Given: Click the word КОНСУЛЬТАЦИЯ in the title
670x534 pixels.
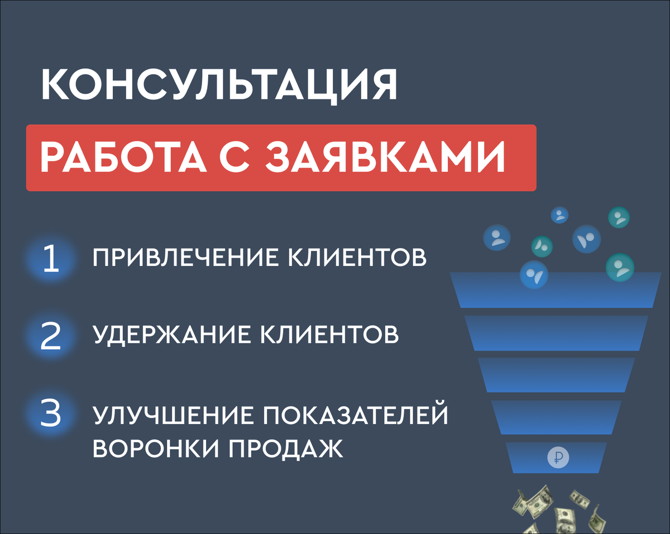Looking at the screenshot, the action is (219, 85).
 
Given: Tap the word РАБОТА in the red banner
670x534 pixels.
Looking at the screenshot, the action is (123, 157).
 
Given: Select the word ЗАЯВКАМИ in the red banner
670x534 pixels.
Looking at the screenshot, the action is (385, 157).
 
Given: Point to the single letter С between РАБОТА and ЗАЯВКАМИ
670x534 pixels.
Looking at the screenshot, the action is (234, 157).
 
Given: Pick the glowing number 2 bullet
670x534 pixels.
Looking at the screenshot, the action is (51, 336).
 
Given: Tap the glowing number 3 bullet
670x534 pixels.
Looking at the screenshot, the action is (51, 414).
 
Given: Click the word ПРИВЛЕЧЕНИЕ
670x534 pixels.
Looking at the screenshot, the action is (185, 258).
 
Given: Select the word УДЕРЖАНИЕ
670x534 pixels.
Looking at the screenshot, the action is (171, 335).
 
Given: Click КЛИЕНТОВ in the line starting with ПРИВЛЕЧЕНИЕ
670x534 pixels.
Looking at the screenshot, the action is (357, 258).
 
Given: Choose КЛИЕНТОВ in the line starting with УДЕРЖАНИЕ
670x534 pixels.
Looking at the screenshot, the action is (329, 335).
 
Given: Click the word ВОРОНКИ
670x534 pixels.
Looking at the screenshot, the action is (156, 448).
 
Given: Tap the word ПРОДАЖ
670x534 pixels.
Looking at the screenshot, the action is (286, 449).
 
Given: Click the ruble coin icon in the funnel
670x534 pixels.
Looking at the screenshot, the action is (558, 457).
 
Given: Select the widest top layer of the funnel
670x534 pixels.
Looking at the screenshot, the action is (556, 290).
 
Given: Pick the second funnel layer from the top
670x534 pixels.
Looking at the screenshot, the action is (556, 333).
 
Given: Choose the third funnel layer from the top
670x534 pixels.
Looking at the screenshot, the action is (556, 375).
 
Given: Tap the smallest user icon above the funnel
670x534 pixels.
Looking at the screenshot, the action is (560, 215).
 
